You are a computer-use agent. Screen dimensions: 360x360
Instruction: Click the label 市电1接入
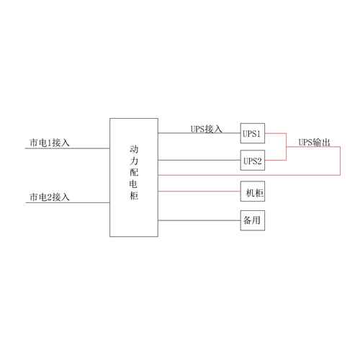(50, 143)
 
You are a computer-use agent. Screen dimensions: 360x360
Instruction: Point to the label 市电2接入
(50, 197)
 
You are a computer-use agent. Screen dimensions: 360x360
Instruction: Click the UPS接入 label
(206, 129)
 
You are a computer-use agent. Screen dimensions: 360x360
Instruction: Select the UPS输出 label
(314, 143)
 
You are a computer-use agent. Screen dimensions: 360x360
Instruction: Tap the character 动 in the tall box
(134, 149)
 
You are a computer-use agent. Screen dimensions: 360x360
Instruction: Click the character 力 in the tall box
(134, 161)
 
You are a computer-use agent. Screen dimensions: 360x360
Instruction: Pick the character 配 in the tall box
(134, 172)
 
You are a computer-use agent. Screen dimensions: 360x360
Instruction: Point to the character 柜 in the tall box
(134, 196)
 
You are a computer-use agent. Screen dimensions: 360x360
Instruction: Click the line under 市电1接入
(68, 148)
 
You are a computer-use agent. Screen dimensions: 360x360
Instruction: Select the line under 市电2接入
(68, 203)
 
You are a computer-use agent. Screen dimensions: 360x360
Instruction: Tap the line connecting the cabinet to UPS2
(199, 160)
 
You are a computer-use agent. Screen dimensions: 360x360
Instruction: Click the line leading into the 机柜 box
(199, 192)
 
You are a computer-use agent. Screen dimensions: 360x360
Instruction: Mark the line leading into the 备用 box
(199, 220)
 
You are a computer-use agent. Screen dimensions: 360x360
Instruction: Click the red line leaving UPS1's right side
(276, 133)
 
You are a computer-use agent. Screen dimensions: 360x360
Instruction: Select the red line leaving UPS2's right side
(276, 161)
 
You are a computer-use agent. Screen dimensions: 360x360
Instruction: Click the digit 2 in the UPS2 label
(259, 161)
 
